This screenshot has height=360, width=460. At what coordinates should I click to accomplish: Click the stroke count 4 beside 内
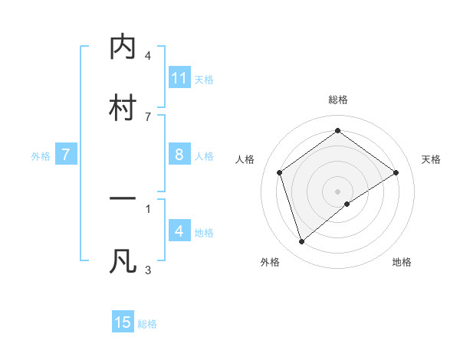tap(148, 56)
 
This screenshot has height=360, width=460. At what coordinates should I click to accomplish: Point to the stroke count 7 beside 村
tap(148, 116)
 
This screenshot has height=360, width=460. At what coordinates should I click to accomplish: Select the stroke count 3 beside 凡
tap(148, 269)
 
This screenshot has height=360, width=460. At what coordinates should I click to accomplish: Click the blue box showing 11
tap(179, 78)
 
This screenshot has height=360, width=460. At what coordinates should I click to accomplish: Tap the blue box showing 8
tap(179, 155)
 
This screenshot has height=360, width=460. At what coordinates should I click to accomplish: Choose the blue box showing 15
tap(123, 322)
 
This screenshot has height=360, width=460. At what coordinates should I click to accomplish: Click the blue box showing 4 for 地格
tap(179, 231)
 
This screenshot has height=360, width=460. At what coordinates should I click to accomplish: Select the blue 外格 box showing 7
tap(66, 155)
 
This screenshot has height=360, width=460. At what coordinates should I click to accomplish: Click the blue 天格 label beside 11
tap(204, 80)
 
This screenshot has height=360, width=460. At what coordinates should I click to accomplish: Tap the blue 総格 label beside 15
tap(147, 324)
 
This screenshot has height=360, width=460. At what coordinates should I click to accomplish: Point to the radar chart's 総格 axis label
tap(338, 100)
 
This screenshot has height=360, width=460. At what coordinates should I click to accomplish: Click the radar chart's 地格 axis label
tap(402, 263)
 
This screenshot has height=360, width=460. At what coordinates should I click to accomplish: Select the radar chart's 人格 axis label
tap(245, 159)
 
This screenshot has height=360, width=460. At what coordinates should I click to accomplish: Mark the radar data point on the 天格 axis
tap(396, 172)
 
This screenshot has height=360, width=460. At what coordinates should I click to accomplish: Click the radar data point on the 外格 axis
tap(301, 242)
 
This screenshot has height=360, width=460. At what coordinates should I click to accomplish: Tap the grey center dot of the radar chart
tap(338, 191)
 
